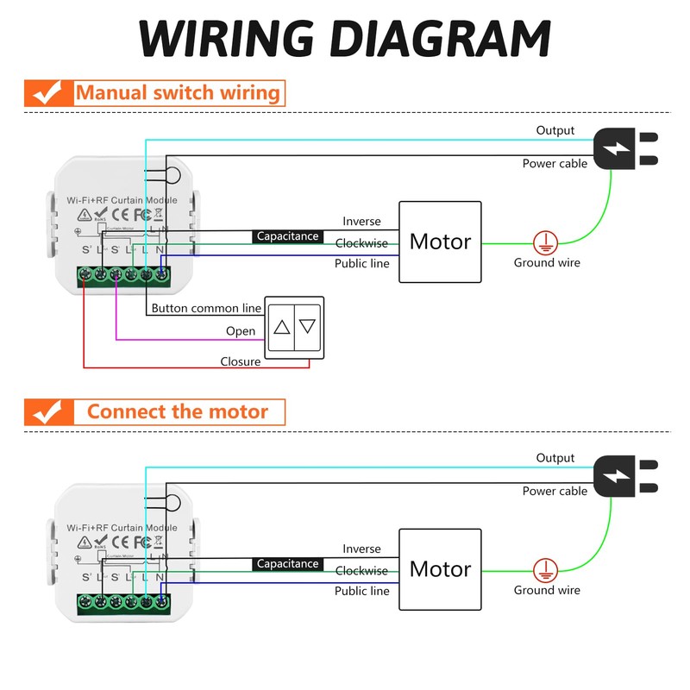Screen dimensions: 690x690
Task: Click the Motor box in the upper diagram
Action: coord(440,241)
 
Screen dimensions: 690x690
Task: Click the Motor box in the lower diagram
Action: coord(440,569)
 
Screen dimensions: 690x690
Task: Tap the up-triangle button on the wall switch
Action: coord(282,328)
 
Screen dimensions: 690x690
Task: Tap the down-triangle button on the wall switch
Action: coord(308,328)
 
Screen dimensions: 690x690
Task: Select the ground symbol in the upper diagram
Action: coord(543,241)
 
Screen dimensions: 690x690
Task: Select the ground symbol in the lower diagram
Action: coord(543,569)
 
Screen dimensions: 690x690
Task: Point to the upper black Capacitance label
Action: coord(288,236)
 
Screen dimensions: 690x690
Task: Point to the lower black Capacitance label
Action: coord(288,564)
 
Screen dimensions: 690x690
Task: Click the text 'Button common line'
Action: coord(206,308)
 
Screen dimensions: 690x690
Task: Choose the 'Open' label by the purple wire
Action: coord(241,331)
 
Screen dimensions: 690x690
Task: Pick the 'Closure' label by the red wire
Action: coord(241,361)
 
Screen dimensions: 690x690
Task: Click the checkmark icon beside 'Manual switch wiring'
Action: coord(45,92)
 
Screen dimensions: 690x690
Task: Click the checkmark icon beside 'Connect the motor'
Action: coord(45,411)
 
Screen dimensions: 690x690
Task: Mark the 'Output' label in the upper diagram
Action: coord(555,130)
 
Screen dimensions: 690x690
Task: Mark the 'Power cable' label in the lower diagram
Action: coord(555,491)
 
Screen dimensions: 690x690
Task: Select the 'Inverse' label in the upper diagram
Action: coord(361,222)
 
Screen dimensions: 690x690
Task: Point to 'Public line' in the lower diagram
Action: coord(362,591)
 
